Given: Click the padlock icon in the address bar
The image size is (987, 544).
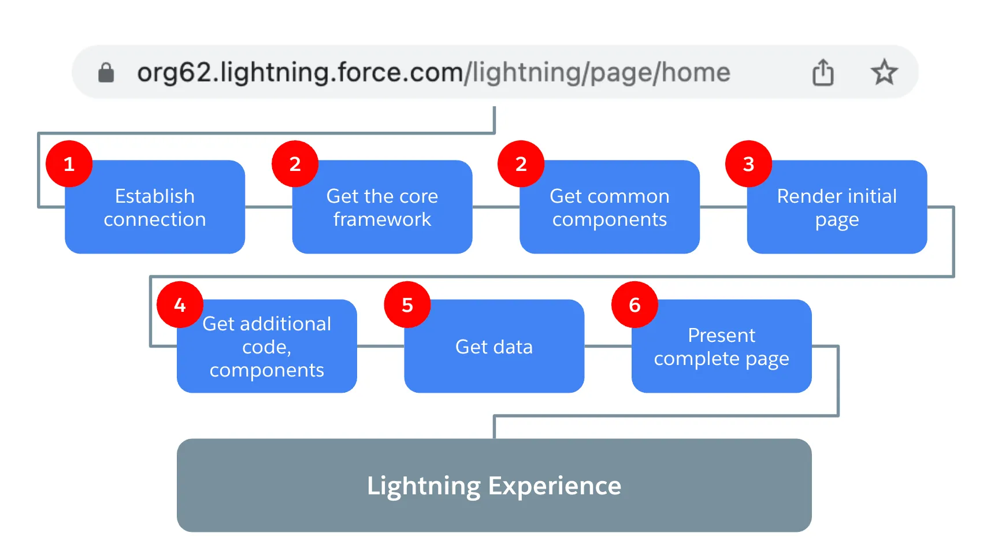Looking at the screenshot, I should click(106, 73).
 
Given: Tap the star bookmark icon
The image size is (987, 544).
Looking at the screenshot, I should click(884, 72).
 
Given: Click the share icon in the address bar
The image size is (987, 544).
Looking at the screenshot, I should click(823, 72).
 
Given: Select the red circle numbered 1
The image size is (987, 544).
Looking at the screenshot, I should click(69, 164).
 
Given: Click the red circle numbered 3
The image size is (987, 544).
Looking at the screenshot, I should click(748, 164).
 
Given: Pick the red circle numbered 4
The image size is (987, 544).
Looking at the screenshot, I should click(180, 305).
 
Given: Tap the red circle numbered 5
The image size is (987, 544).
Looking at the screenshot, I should click(407, 305).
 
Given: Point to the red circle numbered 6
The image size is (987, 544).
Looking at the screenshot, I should click(634, 305).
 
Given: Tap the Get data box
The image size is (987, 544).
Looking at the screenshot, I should click(494, 346).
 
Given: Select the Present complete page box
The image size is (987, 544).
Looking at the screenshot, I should click(721, 346).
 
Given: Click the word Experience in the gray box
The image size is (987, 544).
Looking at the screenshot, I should click(554, 486).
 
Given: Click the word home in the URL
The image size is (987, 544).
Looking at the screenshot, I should click(696, 73).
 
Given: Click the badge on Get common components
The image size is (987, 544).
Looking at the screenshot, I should click(521, 164).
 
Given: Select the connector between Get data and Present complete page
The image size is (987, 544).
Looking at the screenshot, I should click(608, 346).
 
